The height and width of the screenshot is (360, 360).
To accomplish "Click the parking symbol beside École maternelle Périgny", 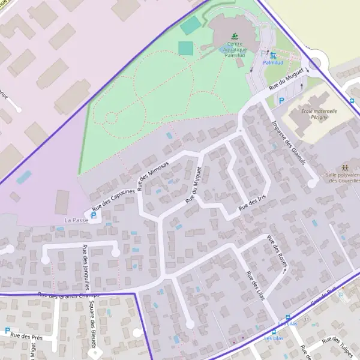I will pyautogui.click(x=281, y=101).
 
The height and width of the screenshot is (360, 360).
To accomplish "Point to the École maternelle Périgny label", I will pyautogui.click(x=319, y=115).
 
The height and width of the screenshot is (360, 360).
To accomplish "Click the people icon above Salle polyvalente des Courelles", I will pyautogui.click(x=344, y=167).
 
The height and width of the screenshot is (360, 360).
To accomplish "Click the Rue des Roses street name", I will pyautogui.click(x=278, y=252).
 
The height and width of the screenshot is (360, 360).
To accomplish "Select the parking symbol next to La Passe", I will pyautogui.click(x=94, y=214).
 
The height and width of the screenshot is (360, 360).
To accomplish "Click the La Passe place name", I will pyautogui.click(x=76, y=220).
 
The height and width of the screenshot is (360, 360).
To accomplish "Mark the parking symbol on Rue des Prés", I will pyautogui.click(x=7, y=331).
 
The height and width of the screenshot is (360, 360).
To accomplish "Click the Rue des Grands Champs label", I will pyautogui.click(x=67, y=295).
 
